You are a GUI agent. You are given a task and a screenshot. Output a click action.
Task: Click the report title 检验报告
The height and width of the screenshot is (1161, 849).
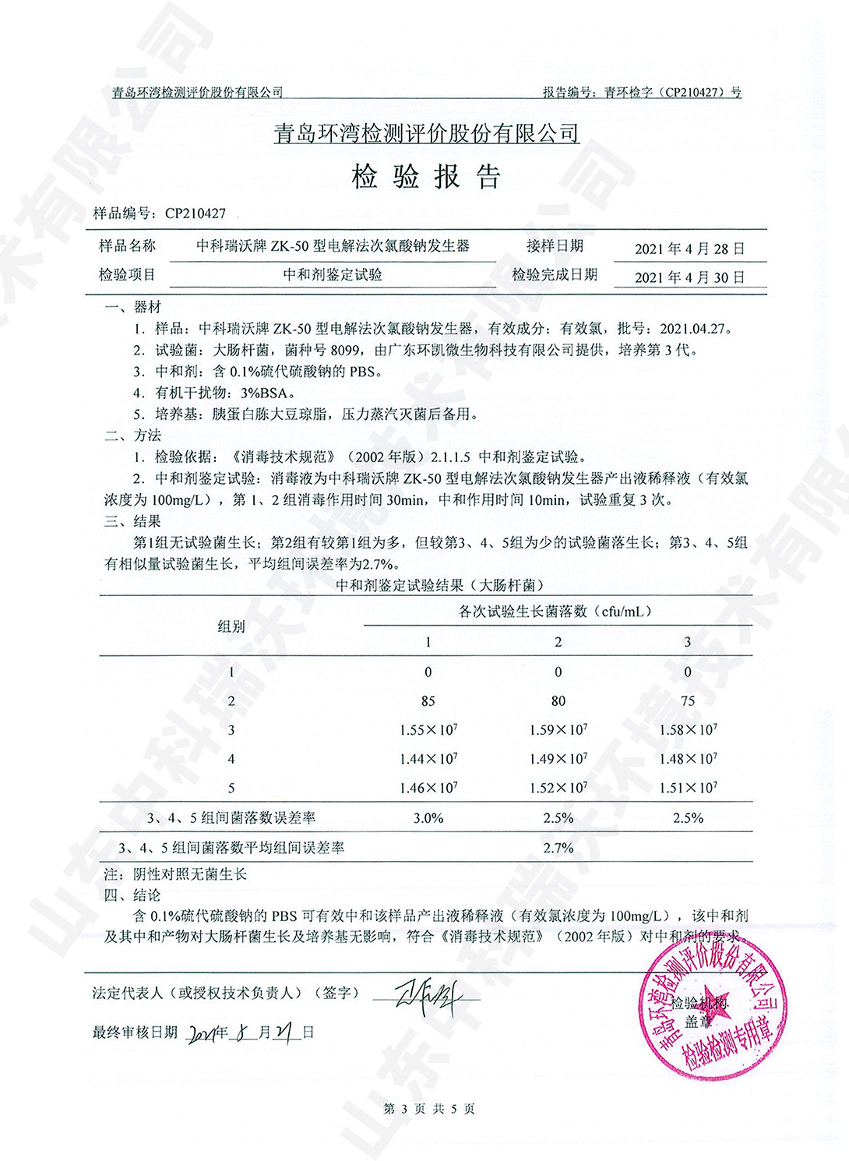coord(425,178)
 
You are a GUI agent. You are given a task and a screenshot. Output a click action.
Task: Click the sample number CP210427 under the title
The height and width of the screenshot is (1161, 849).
coord(195,213)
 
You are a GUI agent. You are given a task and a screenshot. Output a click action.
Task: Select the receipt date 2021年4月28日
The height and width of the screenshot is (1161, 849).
coord(689,249)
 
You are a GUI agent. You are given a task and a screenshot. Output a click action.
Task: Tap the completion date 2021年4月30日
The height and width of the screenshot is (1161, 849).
coord(689,277)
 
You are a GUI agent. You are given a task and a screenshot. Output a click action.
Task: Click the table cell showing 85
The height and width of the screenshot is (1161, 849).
coord(428,701)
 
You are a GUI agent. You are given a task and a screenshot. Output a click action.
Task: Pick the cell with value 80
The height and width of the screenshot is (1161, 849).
coord(558,701)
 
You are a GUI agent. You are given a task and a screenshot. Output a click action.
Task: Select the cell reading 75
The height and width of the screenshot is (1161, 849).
coord(687,701)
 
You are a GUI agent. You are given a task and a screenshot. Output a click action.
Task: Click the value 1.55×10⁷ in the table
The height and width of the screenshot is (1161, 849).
coord(428,730)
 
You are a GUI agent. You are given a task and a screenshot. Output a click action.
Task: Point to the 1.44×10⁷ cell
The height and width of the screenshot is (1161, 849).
coord(428,759)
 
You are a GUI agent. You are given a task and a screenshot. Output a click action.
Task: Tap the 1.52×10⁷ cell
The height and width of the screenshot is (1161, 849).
coord(558,788)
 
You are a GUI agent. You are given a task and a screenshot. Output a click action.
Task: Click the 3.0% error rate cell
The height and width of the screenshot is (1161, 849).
coord(428,818)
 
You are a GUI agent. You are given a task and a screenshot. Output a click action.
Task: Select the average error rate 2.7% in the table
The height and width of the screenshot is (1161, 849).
coord(558,848)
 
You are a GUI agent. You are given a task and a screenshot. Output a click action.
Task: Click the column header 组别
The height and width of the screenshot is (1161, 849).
coord(231,626)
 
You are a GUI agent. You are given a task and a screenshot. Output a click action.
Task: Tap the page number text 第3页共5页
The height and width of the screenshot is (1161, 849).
coord(428,1109)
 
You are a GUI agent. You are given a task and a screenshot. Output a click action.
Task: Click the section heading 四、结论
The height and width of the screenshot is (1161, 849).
coord(132,895)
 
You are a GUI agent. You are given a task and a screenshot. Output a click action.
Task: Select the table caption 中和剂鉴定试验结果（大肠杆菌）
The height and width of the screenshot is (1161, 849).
coord(439,585)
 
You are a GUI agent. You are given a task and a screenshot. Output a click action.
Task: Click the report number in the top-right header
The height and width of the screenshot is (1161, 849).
coord(642,92)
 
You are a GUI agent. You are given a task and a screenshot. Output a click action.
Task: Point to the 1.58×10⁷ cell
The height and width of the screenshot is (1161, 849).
coord(687,730)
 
